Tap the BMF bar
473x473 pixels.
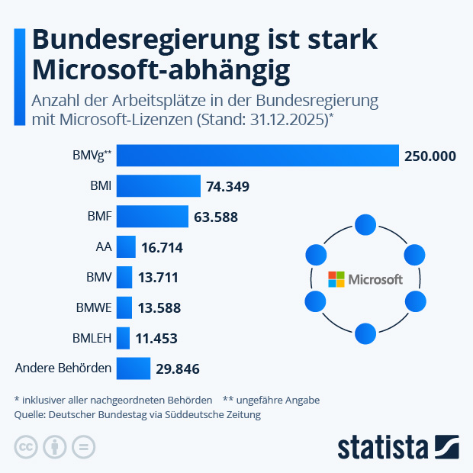click(x=153, y=217)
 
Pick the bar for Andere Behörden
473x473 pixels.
click(x=134, y=369)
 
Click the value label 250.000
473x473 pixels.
click(x=430, y=156)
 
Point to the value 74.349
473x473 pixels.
click(x=227, y=187)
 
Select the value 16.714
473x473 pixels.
click(x=161, y=248)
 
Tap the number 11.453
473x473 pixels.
click(x=156, y=339)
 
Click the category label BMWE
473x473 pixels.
click(x=94, y=308)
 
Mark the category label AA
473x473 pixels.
click(x=104, y=247)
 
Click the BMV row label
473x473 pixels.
click(x=99, y=278)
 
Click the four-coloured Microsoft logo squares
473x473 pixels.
click(x=336, y=279)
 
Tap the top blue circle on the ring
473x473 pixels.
click(x=365, y=224)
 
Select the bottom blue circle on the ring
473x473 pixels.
click(x=365, y=333)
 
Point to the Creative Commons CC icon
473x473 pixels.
click(x=26, y=447)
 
